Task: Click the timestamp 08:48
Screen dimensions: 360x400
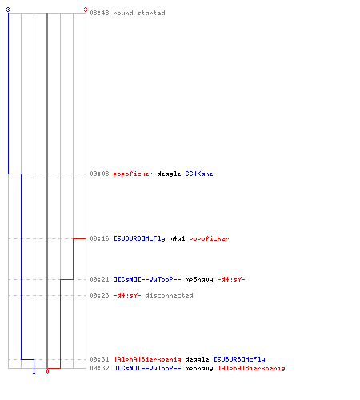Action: pyautogui.click(x=99, y=13)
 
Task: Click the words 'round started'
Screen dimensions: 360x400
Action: pyautogui.click(x=139, y=13)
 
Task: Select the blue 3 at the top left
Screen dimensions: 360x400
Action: pyautogui.click(x=8, y=10)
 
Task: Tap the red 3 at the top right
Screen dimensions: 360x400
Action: pyautogui.click(x=86, y=10)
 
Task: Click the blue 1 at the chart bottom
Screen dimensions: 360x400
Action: pyautogui.click(x=34, y=371)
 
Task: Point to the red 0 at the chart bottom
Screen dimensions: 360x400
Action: pyautogui.click(x=47, y=371)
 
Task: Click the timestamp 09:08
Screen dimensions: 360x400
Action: pyautogui.click(x=99, y=174)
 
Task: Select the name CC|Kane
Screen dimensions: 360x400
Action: pyautogui.click(x=199, y=174)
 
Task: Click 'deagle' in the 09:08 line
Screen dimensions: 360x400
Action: pyautogui.click(x=169, y=174)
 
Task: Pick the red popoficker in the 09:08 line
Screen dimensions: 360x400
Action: pyautogui.click(x=133, y=174)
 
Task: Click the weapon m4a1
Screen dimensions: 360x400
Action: pyautogui.click(x=177, y=238)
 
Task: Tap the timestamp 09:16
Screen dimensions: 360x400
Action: pyautogui.click(x=99, y=238)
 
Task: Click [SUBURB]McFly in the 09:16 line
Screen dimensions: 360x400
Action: pyautogui.click(x=139, y=238)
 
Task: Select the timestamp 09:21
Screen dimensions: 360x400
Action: pyautogui.click(x=99, y=279)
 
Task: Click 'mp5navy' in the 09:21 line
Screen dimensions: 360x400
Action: pyautogui.click(x=199, y=280)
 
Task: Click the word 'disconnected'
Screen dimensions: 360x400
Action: pyautogui.click(x=169, y=295)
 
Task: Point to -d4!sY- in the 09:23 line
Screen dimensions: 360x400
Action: pyautogui.click(x=127, y=295)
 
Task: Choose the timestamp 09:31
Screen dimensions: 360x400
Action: pyautogui.click(x=99, y=359)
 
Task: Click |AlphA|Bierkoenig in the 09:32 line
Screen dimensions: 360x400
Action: pyautogui.click(x=252, y=368)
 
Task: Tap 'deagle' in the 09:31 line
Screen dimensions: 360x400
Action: pyautogui.click(x=197, y=360)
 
